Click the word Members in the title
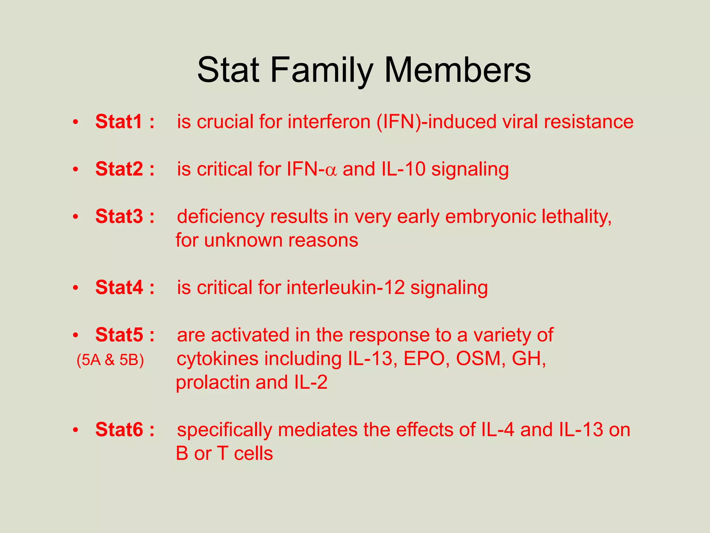pos(457,70)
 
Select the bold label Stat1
pos(119,121)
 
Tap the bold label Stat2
pos(119,169)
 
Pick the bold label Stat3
pos(119,217)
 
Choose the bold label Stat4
pos(119,288)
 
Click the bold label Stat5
pos(119,335)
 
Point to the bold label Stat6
pos(119,430)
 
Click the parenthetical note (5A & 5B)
pos(110,360)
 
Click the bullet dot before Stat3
pos(76,217)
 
